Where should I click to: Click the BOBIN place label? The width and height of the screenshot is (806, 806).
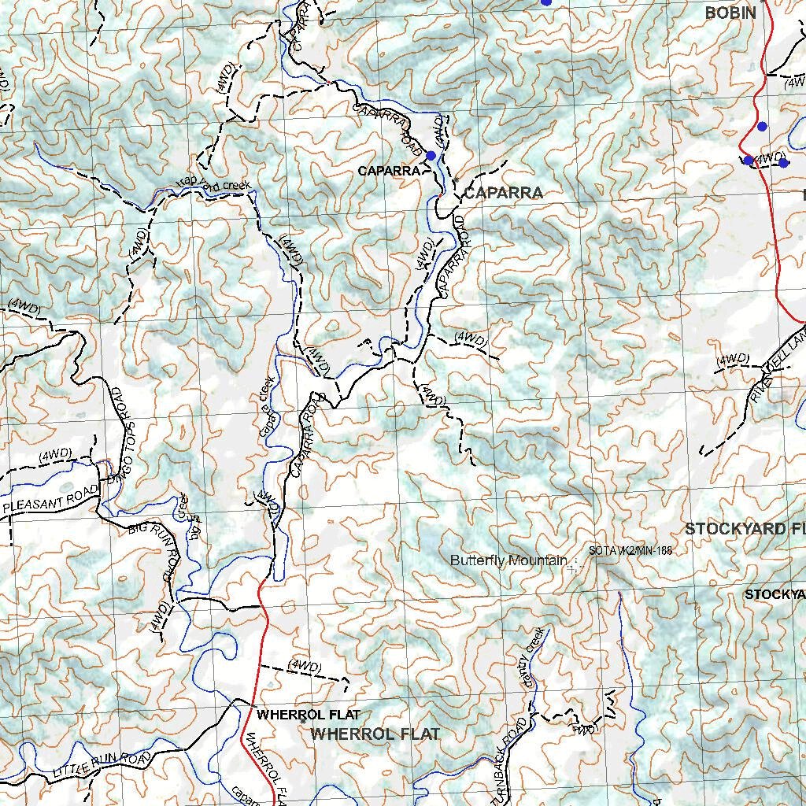click(730, 13)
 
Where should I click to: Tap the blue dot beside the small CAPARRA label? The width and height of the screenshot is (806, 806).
click(431, 155)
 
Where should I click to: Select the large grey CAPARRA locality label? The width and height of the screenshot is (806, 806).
click(503, 193)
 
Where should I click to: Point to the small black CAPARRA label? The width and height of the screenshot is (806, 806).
click(387, 171)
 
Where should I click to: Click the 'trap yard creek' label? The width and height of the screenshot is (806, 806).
click(213, 186)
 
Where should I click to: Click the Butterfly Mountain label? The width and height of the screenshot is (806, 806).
click(508, 560)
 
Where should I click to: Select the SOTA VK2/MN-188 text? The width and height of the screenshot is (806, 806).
click(630, 551)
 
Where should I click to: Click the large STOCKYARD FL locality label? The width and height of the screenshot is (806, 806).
click(745, 529)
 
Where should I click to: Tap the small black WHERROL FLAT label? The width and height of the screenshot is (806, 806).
click(308, 715)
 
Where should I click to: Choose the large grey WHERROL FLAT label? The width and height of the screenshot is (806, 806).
click(375, 734)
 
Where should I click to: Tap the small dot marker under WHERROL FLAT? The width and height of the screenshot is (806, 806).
click(303, 720)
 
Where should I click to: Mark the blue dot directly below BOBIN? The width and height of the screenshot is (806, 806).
click(761, 126)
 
